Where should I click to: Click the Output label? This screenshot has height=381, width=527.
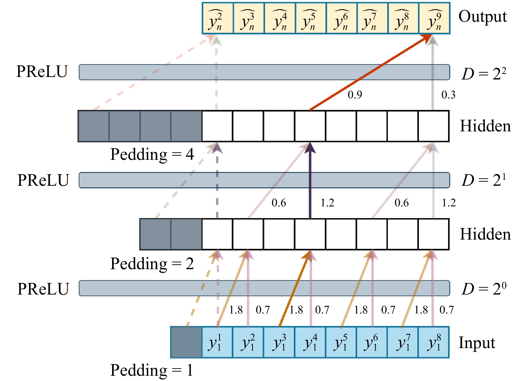(x=482, y=17)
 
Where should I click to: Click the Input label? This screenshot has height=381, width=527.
(x=477, y=343)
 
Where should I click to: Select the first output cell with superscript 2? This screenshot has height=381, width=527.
(x=217, y=18)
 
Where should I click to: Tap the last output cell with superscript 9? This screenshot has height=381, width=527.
(x=434, y=18)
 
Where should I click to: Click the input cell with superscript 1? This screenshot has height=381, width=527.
(x=217, y=342)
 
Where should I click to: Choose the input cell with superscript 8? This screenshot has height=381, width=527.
(x=434, y=342)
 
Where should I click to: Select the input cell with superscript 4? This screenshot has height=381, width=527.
(x=310, y=342)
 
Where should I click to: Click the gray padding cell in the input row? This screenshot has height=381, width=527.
(x=186, y=342)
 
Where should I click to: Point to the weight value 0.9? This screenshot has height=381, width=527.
(x=355, y=95)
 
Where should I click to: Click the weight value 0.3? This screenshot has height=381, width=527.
(x=448, y=95)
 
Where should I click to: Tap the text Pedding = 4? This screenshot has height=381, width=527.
(x=152, y=154)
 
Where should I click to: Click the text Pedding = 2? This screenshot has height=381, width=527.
(x=152, y=264)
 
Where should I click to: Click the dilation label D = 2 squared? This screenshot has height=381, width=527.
(x=484, y=74)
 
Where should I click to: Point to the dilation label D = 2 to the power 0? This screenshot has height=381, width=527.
(x=484, y=289)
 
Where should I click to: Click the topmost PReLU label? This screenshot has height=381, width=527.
(x=42, y=72)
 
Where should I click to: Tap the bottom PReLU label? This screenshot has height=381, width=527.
(x=43, y=289)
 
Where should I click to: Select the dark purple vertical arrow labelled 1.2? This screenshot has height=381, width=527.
(x=310, y=181)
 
